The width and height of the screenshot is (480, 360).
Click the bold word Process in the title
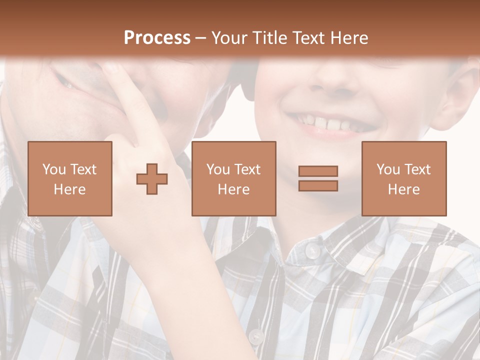pos(157,38)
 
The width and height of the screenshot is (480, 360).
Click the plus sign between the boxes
pos(152,179)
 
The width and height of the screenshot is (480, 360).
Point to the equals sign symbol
pos(318,178)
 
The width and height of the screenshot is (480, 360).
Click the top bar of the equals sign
pos(318,171)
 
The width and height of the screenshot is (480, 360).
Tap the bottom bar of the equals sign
pos(318,185)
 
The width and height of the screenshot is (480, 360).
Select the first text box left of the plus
pos(70,178)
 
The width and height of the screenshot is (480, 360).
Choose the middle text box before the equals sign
pos(233,178)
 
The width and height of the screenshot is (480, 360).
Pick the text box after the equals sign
pos(404,178)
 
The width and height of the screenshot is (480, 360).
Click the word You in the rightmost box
pos(388,169)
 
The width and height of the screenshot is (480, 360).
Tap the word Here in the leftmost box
pos(70,189)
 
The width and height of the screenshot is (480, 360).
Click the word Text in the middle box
pos(248,169)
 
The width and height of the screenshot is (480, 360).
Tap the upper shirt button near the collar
pos(312,251)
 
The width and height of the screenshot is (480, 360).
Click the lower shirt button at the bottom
pos(256,335)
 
